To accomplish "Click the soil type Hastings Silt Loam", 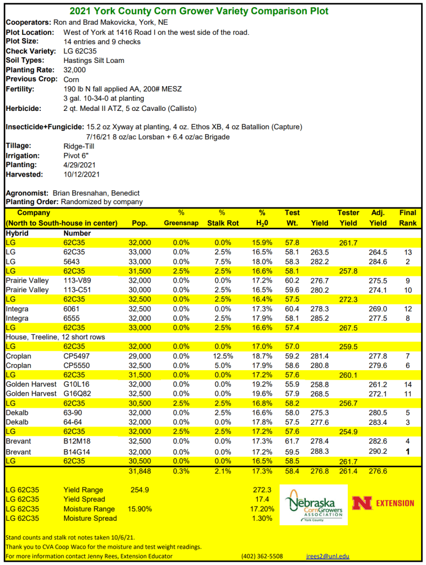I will point(94,60).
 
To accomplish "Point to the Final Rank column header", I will point(408,218).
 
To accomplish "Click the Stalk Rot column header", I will point(222,218).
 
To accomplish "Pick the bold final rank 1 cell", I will point(408,451).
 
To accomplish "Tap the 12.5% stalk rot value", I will point(222,356).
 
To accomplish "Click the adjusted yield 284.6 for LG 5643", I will point(378,262).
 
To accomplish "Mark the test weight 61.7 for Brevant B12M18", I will point(292,441).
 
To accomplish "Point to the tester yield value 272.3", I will point(348,299).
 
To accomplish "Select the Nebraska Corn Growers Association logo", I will point(313,504).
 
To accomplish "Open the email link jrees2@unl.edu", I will point(327,556).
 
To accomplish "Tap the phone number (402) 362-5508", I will point(262,556).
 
